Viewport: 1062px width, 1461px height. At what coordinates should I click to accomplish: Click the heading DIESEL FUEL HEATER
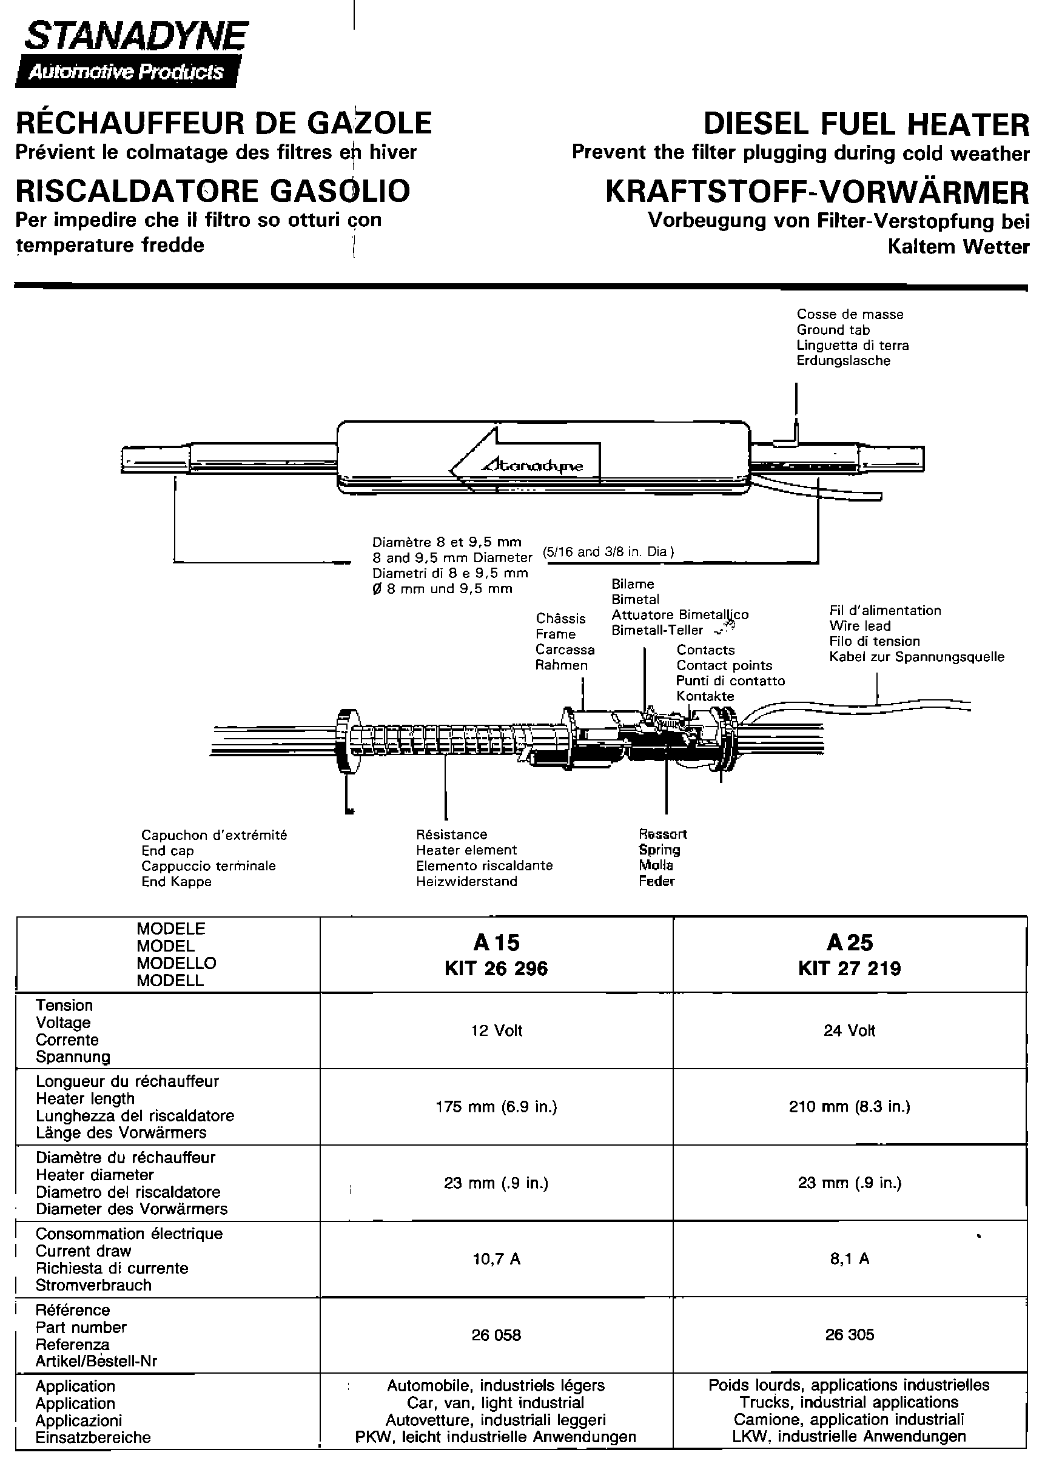(865, 124)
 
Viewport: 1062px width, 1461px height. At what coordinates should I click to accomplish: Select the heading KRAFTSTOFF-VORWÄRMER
(816, 192)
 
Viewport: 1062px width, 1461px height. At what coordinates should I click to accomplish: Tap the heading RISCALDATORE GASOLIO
(212, 190)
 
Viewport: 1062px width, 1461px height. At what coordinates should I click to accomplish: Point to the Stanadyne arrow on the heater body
(525, 462)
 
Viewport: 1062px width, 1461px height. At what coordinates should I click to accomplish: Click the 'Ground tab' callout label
(833, 330)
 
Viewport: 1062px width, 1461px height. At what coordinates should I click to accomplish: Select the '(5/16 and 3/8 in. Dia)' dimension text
(608, 551)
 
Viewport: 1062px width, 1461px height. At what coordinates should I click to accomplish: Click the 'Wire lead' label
(860, 625)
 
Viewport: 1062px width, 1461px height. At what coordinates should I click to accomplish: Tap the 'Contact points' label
(724, 665)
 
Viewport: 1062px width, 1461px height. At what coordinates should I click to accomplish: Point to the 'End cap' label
(167, 850)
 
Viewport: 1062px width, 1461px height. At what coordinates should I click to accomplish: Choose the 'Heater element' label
(466, 850)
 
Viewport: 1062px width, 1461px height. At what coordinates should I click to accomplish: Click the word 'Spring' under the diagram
(659, 850)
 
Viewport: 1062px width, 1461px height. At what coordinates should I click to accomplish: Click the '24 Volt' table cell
(849, 1030)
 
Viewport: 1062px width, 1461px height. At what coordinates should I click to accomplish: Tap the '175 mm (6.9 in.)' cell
(496, 1107)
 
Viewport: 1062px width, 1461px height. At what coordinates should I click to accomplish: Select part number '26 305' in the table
(849, 1335)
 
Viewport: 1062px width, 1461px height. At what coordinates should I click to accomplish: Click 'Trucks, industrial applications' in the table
(849, 1402)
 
